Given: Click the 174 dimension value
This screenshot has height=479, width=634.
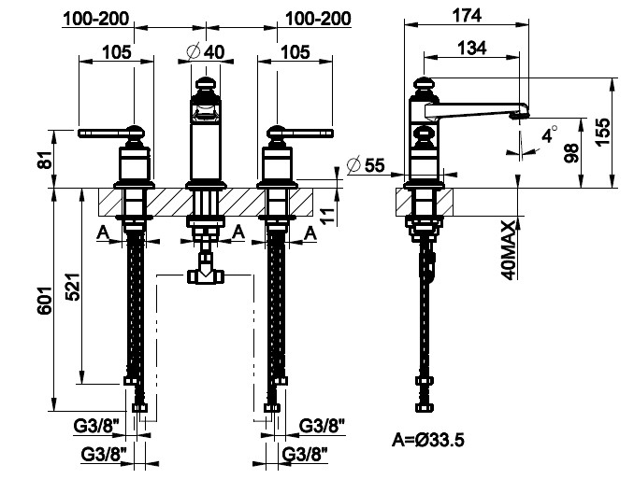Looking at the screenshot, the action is (467, 15).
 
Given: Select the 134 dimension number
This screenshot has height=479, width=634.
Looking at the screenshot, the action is (472, 48).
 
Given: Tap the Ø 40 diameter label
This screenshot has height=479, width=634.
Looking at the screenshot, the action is (206, 51).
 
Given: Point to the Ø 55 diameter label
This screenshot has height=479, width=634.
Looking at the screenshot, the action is (366, 165).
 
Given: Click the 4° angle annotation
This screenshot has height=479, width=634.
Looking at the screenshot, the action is (550, 134).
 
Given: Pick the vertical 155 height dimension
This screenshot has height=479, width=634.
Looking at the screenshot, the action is (602, 132).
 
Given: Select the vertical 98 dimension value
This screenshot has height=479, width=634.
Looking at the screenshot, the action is (571, 153).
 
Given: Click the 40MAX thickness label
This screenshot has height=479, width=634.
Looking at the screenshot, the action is (509, 250).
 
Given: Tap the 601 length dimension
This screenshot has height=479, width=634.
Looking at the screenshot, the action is (45, 300).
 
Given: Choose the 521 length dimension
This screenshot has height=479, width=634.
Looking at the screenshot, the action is (73, 287).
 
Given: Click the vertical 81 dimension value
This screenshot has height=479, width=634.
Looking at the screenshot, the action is (47, 159).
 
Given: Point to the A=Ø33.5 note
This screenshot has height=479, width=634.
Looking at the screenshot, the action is (427, 440).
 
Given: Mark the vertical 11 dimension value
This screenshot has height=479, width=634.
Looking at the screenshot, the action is (329, 216).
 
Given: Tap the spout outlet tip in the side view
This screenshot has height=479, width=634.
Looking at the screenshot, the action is (520, 116).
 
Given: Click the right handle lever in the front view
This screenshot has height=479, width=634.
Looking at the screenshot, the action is (300, 133).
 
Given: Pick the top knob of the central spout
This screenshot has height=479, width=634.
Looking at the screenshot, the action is (206, 84).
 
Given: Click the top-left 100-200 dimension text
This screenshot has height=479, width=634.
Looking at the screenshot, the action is (96, 19).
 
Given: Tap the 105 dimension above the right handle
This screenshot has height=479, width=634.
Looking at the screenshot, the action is (295, 52).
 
